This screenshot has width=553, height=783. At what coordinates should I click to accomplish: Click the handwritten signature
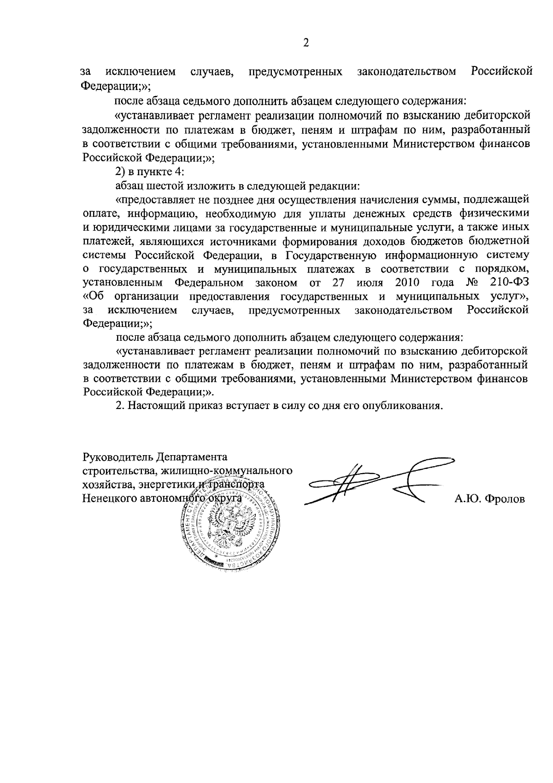click(378, 482)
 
